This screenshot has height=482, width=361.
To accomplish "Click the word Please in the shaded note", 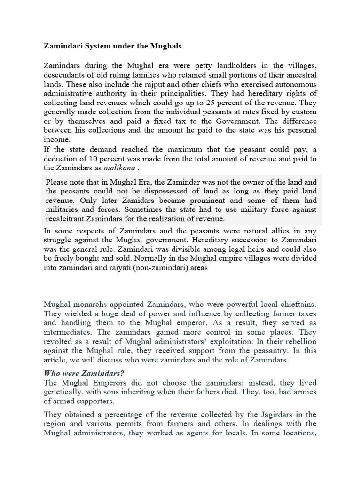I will (59, 182).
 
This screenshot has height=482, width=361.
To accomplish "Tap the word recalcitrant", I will (67, 219).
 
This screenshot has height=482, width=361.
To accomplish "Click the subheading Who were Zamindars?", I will (84, 374).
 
